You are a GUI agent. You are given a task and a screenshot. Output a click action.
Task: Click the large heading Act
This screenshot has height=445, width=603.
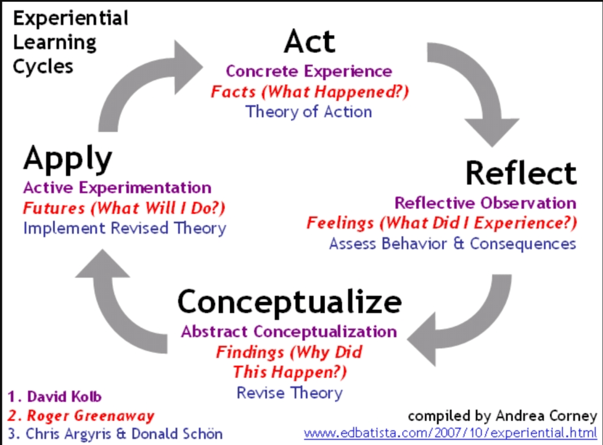tap(309, 42)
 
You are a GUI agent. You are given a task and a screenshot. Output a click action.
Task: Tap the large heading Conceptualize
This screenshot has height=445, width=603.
tap(289, 302)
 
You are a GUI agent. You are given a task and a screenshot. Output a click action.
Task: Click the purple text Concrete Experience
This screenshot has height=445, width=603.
tap(309, 71)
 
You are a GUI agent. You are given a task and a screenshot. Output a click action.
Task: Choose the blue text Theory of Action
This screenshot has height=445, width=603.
tap(309, 111)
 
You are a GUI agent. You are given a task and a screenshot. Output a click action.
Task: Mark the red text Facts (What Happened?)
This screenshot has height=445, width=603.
tap(310, 92)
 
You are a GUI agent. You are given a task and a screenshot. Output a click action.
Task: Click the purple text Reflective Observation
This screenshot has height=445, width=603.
tap(485, 203)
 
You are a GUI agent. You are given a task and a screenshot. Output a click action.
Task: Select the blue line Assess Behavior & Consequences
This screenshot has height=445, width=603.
tap(452, 243)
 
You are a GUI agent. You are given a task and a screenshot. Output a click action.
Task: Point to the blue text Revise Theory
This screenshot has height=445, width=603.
tap(289, 393)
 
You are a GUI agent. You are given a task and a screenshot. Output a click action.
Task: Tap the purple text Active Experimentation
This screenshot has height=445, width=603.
tap(117, 188)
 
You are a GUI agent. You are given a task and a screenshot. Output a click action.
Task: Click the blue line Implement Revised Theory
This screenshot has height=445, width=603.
tap(124, 228)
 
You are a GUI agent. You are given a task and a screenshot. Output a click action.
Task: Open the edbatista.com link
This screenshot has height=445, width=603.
tap(450, 433)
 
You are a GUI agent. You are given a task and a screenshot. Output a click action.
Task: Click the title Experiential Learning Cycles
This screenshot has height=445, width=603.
tap(71, 42)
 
